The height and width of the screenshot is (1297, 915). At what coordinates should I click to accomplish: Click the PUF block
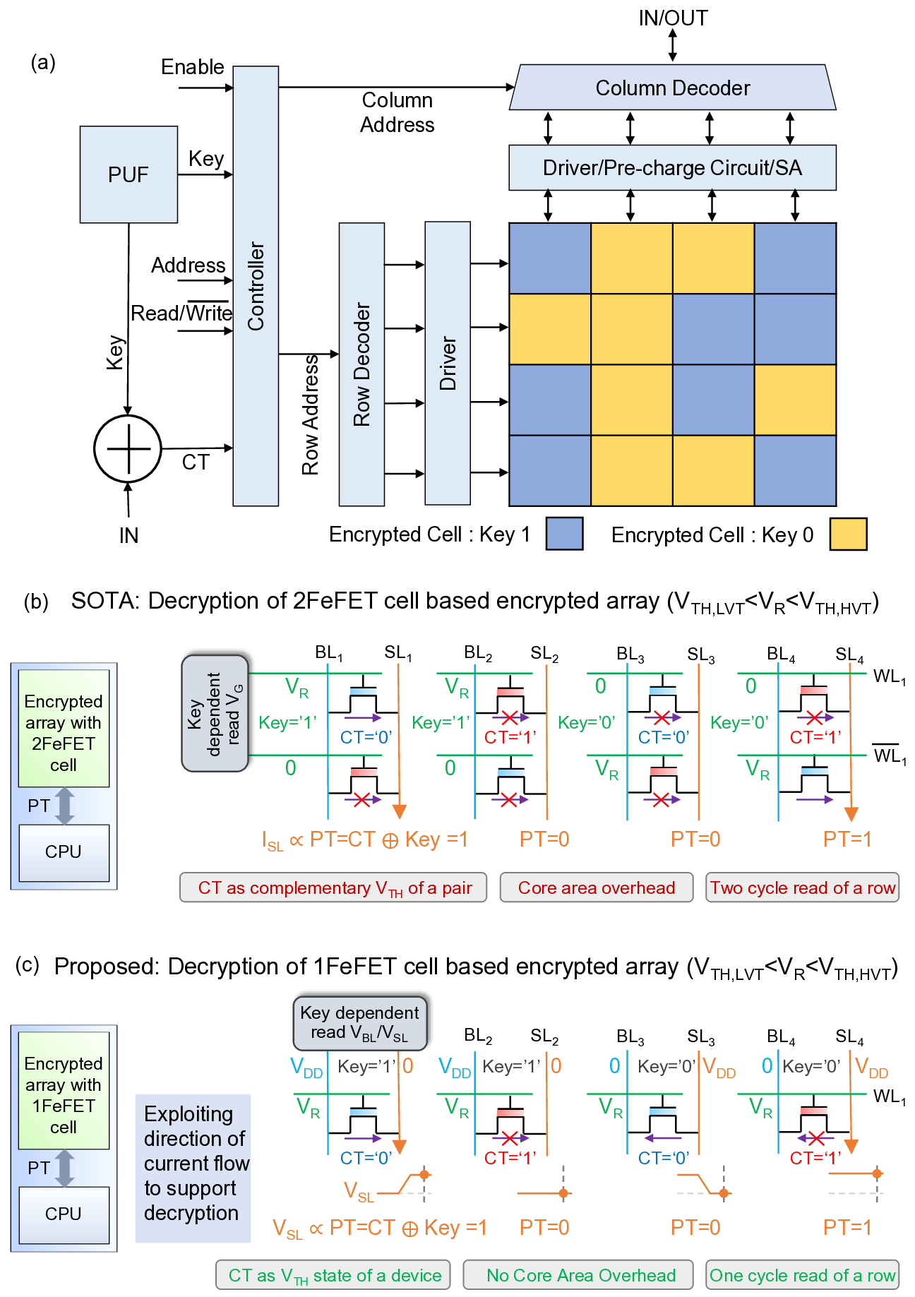point(128,174)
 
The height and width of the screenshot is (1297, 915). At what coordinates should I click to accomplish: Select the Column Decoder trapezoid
point(672,88)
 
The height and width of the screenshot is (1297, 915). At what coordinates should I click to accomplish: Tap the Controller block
point(256,286)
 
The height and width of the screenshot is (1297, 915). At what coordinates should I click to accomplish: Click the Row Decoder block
point(361,364)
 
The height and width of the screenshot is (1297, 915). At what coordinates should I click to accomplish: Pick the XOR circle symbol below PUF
point(128,449)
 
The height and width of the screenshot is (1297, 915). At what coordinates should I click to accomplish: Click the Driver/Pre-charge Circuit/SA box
point(672,168)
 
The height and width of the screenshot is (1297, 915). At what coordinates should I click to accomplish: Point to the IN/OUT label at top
point(673,18)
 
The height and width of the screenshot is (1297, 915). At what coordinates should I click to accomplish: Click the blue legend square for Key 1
point(564,534)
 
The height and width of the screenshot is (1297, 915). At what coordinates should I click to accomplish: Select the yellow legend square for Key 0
point(848,534)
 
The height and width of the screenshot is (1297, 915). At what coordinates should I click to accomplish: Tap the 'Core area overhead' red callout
point(597,887)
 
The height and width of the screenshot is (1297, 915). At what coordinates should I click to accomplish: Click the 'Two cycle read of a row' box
point(802,887)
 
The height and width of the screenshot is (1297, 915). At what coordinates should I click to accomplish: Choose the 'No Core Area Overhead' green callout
point(581,1275)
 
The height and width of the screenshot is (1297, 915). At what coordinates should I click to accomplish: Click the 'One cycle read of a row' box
point(802,1275)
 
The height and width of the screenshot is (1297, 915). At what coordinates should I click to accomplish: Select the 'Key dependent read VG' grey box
point(215,713)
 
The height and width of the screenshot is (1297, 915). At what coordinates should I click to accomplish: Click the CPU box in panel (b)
point(64,852)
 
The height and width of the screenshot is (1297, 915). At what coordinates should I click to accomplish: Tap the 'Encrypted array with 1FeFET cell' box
point(64,1091)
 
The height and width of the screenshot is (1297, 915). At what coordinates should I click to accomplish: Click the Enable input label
point(192,67)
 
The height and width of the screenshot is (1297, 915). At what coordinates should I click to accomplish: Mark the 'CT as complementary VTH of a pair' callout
point(333,887)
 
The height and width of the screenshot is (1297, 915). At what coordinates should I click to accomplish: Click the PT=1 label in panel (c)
point(847,1227)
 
